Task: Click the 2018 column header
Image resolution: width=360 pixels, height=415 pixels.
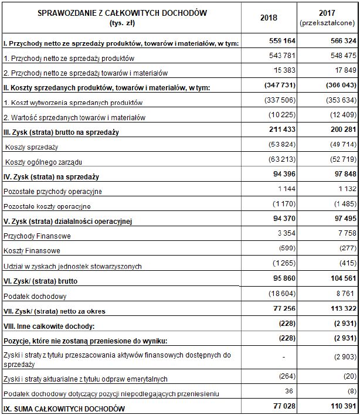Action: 269,18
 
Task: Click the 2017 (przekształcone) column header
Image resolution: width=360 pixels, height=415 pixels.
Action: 327,18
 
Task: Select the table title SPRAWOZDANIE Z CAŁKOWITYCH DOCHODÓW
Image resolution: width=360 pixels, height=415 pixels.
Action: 122,13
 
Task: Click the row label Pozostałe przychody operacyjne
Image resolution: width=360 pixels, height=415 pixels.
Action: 53,191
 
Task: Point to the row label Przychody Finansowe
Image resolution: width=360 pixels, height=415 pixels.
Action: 38,236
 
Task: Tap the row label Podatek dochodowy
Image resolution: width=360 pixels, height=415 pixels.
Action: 33,296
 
